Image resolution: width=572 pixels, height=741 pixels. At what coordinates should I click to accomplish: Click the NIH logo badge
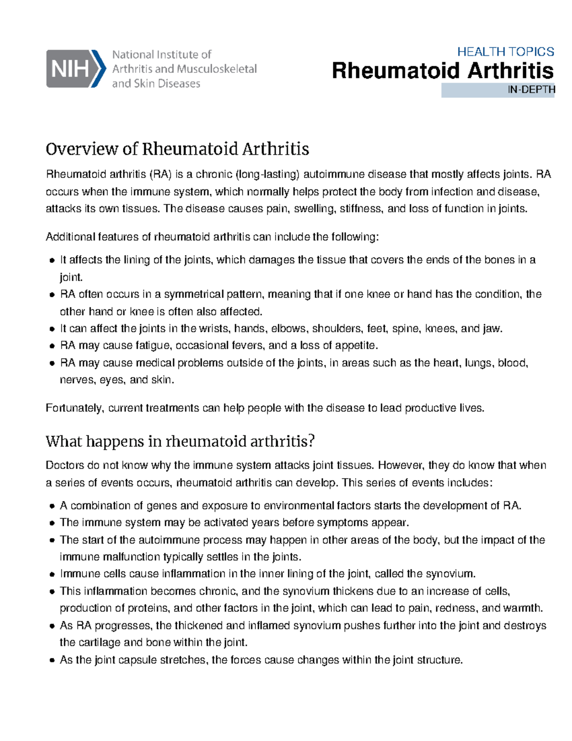point(75,69)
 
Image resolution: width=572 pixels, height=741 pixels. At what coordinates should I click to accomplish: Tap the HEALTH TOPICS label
point(505,52)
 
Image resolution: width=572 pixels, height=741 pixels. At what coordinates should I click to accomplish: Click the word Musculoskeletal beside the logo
point(216,69)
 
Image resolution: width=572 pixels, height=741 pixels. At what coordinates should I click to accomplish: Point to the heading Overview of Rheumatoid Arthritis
point(177,149)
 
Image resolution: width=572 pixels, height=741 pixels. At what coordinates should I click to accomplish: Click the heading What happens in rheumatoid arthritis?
point(180,441)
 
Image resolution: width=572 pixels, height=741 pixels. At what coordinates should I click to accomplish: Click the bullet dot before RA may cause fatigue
point(52,346)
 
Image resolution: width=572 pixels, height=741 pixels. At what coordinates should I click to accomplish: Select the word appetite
point(356,346)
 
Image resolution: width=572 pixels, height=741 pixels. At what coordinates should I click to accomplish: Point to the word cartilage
point(99,643)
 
